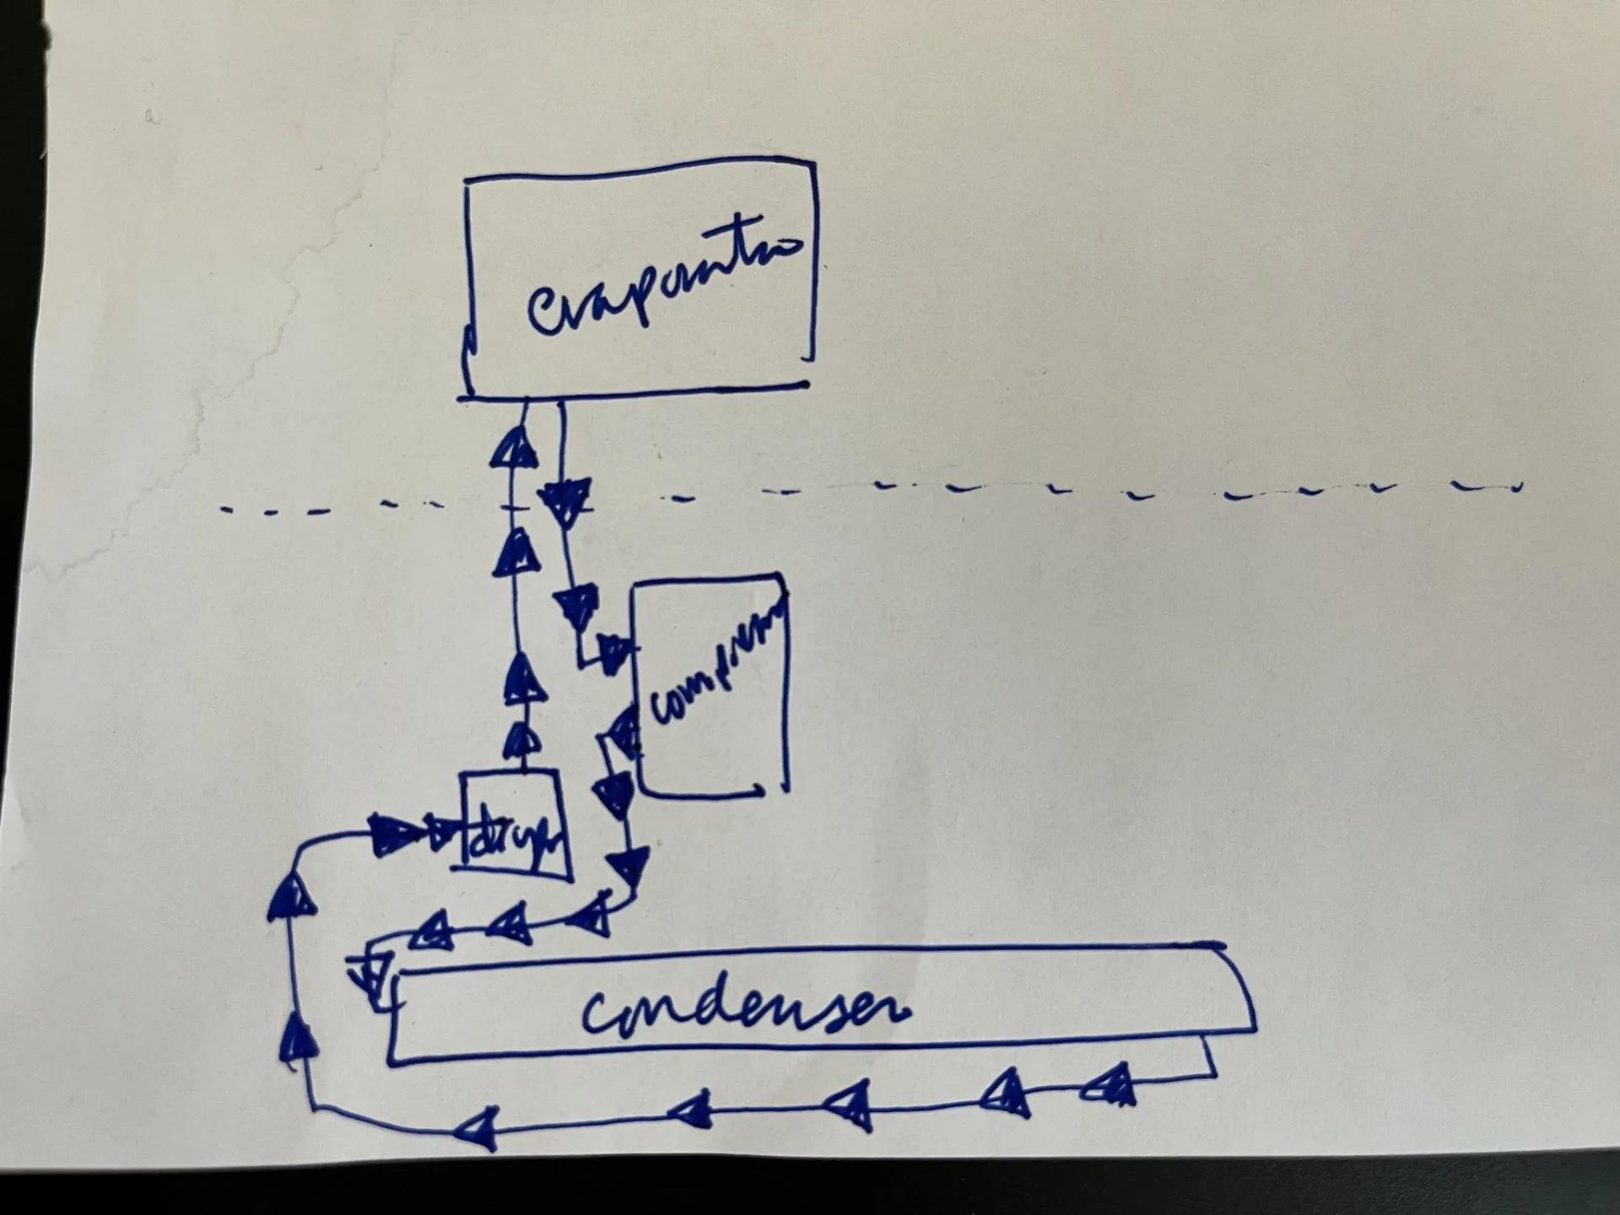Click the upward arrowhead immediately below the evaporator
click(x=514, y=448)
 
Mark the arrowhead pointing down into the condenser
click(x=370, y=975)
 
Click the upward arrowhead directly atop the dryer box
click(x=523, y=743)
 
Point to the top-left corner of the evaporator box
click(x=467, y=180)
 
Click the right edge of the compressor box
click(x=786, y=683)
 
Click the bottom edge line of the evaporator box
click(x=633, y=391)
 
